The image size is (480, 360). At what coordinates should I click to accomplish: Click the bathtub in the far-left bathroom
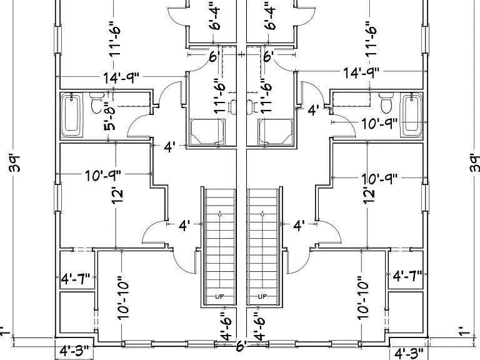pos(72,116)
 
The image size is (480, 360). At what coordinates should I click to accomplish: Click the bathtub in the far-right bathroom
pos(412,116)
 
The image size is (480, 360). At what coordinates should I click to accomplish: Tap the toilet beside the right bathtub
pos(386,102)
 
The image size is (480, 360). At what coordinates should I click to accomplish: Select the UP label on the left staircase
pos(219,296)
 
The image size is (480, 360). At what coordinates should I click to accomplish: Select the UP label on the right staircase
pos(262,296)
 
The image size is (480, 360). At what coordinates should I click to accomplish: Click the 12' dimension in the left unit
pos(118,195)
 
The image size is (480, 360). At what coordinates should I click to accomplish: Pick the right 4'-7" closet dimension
pos(407,276)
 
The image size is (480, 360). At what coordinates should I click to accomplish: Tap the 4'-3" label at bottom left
pos(74,351)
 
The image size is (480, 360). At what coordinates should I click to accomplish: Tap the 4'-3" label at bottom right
pos(409,354)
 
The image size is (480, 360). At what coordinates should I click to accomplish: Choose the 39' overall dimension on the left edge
pos(15,164)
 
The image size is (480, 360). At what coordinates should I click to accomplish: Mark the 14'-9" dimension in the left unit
pos(121,77)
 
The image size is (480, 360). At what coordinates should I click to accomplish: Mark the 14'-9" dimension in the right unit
pos(361,73)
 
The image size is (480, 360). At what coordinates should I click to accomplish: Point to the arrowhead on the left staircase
pos(219,213)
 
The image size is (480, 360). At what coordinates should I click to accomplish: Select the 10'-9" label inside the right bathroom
pos(379,124)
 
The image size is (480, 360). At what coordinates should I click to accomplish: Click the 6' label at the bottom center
pos(241,346)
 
